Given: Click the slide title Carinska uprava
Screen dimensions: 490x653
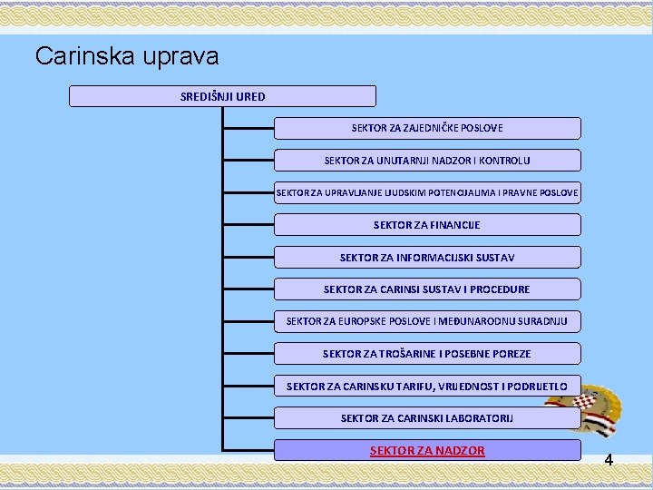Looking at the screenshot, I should click(x=127, y=56).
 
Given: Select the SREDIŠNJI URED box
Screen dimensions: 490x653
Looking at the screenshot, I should click(x=222, y=96).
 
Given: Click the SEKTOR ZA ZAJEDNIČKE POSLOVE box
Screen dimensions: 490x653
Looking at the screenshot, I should click(x=427, y=128).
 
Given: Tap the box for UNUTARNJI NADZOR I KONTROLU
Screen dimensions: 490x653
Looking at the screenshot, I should click(x=427, y=161).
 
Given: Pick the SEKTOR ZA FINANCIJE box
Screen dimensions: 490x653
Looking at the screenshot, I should click(x=427, y=225).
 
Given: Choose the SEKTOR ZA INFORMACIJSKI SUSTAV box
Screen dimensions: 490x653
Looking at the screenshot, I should click(x=427, y=258).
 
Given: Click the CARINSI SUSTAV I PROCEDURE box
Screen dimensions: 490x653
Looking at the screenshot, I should click(x=427, y=289).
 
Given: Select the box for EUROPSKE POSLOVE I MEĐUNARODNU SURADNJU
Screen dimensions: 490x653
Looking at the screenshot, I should click(x=427, y=321).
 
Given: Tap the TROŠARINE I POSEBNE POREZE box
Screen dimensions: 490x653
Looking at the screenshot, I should click(x=427, y=354).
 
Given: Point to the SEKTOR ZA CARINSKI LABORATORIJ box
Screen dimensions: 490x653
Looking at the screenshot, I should click(x=427, y=418).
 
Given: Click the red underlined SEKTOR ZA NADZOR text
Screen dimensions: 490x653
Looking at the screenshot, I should click(x=427, y=450).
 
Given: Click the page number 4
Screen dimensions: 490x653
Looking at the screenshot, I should click(x=609, y=460).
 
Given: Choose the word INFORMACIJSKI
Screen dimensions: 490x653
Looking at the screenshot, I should click(x=432, y=258).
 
